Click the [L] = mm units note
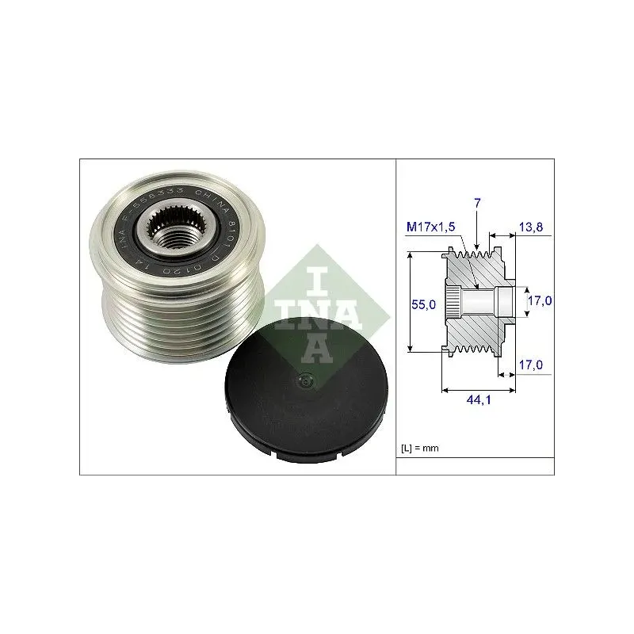point(420,449)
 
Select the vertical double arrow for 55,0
point(411,302)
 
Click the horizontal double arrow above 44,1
point(479,389)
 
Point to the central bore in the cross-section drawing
point(479,302)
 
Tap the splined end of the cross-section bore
point(452,302)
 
